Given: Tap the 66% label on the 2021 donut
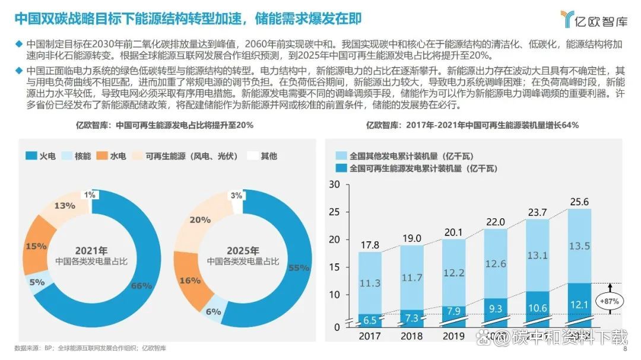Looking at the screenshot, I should (141, 286).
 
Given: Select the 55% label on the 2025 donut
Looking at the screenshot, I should (299, 268).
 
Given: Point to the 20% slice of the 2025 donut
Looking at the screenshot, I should (201, 220).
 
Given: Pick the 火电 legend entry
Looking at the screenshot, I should (41, 156).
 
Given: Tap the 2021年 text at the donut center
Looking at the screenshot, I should (92, 250).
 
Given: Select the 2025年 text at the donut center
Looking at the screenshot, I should (243, 250).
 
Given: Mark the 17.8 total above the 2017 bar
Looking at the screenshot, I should (370, 245).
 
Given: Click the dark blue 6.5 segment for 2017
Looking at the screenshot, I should (370, 320).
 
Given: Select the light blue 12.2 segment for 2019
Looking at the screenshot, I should (454, 273).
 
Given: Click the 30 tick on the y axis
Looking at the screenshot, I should (334, 184).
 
